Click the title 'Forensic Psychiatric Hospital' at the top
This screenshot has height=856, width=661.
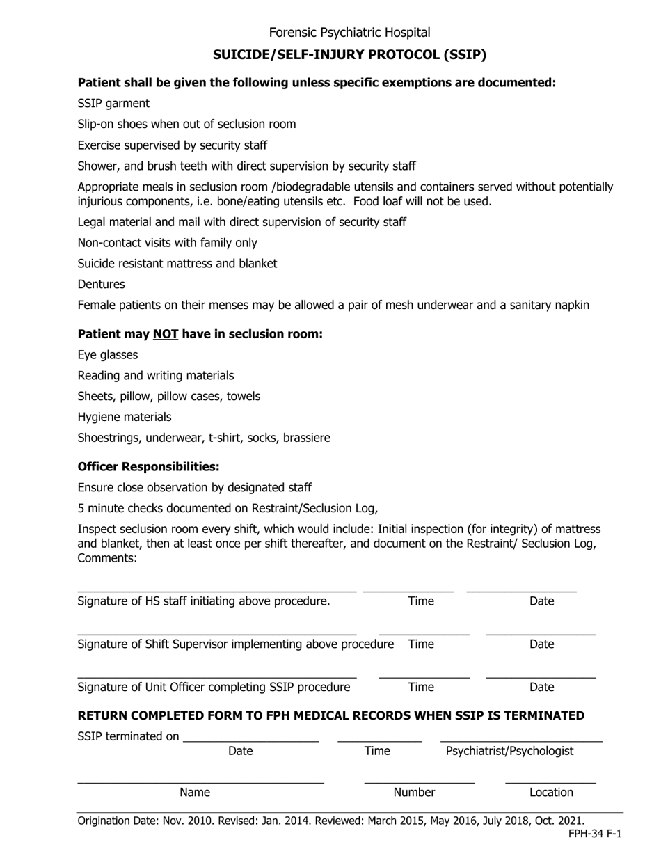click(349, 33)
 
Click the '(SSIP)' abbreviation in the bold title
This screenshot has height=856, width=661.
click(463, 54)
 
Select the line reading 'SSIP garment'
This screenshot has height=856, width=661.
click(113, 104)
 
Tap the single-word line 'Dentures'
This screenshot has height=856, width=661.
click(102, 285)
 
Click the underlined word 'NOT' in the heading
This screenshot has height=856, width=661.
click(166, 334)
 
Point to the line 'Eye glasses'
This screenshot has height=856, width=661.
click(108, 355)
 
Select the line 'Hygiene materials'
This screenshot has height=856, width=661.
click(125, 418)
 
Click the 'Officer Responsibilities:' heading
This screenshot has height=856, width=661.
click(148, 466)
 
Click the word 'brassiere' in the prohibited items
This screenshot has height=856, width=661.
click(303, 438)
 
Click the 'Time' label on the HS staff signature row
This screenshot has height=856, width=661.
click(420, 601)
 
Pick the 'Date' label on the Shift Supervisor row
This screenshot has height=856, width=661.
click(541, 644)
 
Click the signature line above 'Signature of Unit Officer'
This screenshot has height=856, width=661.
click(216, 677)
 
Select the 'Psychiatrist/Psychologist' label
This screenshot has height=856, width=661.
click(509, 751)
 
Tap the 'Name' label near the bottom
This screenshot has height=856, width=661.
click(195, 793)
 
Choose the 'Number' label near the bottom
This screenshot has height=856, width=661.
click(415, 793)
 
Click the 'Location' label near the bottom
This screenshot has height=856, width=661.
click(551, 793)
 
